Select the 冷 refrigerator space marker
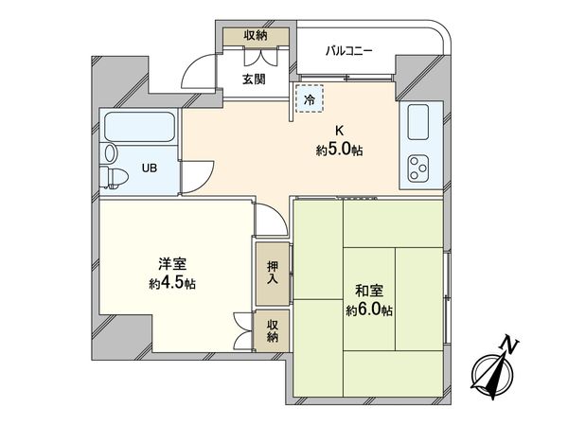(310, 97)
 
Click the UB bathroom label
(150, 169)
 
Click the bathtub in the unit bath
(140, 127)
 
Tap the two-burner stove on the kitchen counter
(419, 168)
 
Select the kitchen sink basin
(418, 121)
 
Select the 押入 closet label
(272, 272)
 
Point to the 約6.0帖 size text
(369, 311)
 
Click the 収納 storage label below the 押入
(272, 330)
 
